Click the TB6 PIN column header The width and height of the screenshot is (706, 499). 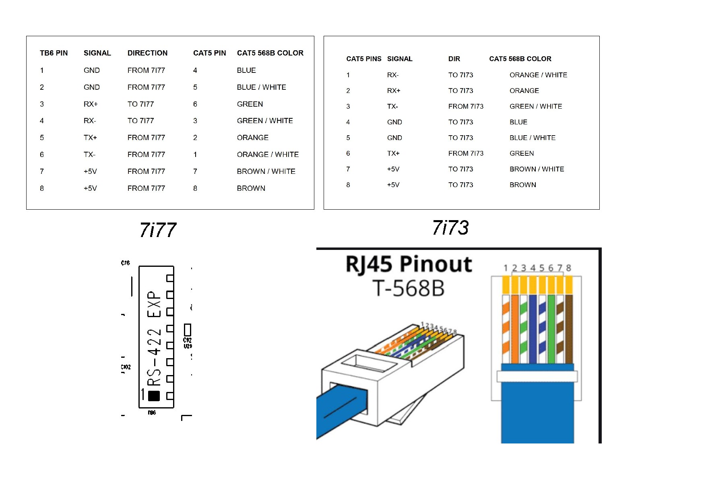point(54,53)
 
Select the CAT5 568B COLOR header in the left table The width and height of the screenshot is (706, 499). point(270,53)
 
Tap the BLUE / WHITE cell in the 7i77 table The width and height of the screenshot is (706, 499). point(261,87)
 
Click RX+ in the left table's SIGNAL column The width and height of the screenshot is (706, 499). point(91,104)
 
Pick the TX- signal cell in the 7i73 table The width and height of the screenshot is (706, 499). point(392,107)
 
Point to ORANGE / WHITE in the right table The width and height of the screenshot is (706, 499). point(538,75)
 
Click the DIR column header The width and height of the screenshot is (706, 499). point(454,59)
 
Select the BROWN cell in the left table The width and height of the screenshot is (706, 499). point(251,188)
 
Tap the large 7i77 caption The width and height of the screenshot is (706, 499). point(158,230)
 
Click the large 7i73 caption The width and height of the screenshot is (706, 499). point(450,228)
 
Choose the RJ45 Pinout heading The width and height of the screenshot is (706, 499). point(409,264)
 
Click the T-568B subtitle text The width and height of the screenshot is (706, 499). point(409,288)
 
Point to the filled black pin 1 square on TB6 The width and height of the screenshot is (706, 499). point(154,396)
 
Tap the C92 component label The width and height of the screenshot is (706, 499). point(188,340)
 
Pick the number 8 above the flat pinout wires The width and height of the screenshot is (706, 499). point(568,268)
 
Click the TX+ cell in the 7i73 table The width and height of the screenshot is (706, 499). point(393,154)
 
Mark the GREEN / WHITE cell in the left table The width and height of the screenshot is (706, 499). point(264,121)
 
